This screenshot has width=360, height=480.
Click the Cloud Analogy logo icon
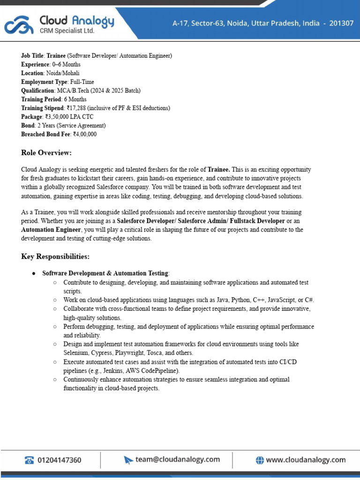tap(19, 25)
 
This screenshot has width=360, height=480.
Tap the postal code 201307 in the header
tap(341, 23)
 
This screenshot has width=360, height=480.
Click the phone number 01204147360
tap(59, 460)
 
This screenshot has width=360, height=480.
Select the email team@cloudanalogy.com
tap(178, 459)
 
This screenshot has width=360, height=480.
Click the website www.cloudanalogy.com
tap(306, 460)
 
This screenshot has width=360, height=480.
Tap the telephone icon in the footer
tap(29, 460)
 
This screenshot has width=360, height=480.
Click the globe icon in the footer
tap(260, 460)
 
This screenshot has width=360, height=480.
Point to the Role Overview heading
tap(46, 153)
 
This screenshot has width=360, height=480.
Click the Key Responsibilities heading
tap(55, 256)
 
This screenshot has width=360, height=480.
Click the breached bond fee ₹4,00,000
tap(85, 135)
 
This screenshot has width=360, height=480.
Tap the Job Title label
tap(32, 56)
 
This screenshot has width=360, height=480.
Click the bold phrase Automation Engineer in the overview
tap(51, 230)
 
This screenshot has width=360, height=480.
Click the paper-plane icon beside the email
tap(128, 460)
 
